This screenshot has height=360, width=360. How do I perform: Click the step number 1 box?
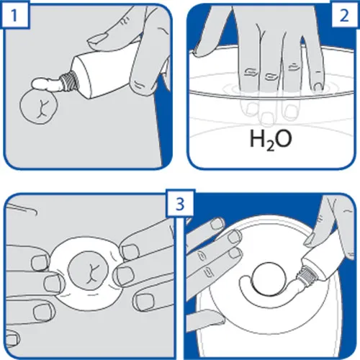15,15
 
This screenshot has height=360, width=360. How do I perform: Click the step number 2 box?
345,15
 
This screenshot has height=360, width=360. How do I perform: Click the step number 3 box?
180,204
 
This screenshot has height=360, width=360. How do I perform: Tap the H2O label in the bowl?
271,140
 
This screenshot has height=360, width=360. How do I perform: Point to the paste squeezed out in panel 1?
48,85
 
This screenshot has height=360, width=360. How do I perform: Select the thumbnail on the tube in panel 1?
98,39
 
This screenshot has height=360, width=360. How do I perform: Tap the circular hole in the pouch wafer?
269,279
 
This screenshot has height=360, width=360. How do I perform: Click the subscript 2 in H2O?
270,147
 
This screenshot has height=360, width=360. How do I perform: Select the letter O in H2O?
284,139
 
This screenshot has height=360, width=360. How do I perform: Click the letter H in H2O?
258,138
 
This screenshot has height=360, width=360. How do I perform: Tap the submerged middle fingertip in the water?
267,119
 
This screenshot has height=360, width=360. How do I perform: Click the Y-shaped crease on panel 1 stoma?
42,108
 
